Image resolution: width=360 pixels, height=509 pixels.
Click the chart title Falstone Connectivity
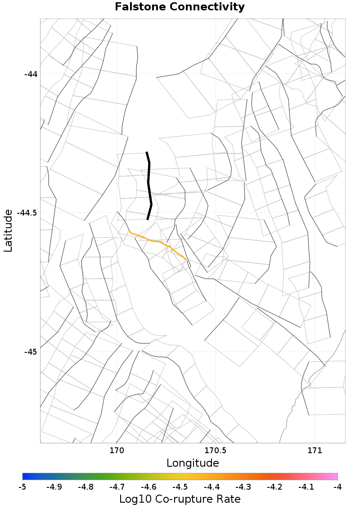(180, 7)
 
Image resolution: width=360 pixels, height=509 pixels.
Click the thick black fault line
(149, 185)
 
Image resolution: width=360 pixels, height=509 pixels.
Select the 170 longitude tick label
(117, 450)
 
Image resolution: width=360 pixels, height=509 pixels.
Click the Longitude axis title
(193, 463)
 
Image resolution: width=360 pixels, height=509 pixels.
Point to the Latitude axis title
(8, 230)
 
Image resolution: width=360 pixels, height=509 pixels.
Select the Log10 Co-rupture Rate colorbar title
(180, 499)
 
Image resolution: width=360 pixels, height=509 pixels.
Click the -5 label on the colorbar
(22, 487)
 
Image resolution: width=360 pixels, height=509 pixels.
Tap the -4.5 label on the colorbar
(180, 487)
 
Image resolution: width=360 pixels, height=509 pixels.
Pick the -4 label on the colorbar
(337, 487)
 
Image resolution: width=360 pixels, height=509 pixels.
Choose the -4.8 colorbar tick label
(85, 487)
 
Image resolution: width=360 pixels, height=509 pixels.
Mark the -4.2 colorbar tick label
(274, 487)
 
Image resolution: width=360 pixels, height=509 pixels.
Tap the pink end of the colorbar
(334, 477)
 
